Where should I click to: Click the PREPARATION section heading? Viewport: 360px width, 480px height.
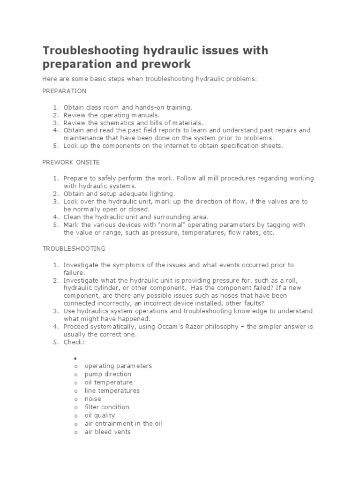64,90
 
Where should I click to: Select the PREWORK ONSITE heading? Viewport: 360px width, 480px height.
71,162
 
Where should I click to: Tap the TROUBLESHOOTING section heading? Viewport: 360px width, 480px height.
74,248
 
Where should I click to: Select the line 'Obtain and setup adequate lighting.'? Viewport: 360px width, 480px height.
119,193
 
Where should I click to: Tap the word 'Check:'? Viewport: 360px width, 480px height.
74,342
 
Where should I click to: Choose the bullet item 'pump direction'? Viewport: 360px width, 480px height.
108,374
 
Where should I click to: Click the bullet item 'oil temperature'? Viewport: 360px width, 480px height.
108,382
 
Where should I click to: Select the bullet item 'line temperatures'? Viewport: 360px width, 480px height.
112,390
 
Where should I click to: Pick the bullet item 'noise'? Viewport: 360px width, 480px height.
93,399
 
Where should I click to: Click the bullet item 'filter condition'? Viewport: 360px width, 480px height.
107,407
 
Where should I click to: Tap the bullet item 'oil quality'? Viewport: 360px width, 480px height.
99,415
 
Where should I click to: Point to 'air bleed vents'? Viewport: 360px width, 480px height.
107,432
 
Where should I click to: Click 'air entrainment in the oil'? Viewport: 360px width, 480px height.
123,423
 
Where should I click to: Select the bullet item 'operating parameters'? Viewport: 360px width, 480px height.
118,366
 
